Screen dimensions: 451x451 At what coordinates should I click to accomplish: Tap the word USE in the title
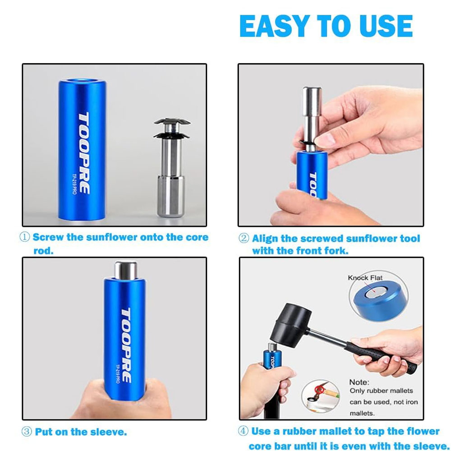[386, 26]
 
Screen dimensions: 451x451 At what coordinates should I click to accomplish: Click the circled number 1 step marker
[24, 237]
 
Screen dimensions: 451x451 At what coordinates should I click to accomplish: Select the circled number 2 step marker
[244, 238]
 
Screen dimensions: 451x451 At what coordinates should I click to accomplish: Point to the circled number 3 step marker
[27, 432]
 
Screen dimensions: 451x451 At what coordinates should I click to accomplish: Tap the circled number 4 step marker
[243, 431]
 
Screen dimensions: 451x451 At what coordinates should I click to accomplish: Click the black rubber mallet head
[290, 325]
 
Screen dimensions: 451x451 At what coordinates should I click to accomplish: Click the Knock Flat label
[365, 277]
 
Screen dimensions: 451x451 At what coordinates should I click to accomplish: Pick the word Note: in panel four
[359, 382]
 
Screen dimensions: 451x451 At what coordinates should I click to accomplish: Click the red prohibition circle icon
[319, 390]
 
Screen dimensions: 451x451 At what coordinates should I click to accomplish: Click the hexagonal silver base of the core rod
[170, 196]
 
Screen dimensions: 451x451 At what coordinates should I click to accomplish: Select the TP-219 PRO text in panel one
[74, 184]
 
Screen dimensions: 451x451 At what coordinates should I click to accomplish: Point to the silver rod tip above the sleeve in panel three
[125, 270]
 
